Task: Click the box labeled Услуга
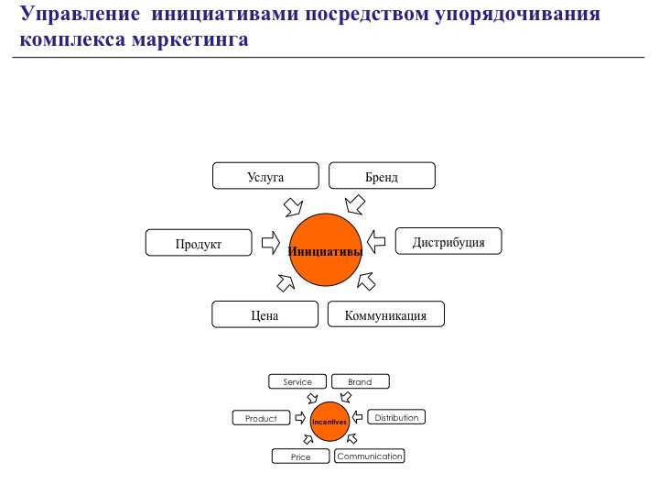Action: pos(265,176)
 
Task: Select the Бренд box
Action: pos(382,176)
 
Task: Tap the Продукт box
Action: pos(199,243)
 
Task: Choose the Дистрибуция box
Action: pos(448,242)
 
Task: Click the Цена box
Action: pos(265,314)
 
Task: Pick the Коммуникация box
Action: pos(385,314)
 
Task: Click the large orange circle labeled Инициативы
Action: pos(325,249)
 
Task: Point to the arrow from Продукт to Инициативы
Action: pos(270,242)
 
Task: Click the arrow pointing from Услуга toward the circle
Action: pos(294,203)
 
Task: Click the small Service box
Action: pos(297,381)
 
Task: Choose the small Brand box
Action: pos(360,381)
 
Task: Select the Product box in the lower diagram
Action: pos(261,418)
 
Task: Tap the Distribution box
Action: pos(396,417)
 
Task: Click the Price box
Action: pos(300,456)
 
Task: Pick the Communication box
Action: pos(369,456)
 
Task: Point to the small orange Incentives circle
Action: pos(329,422)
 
